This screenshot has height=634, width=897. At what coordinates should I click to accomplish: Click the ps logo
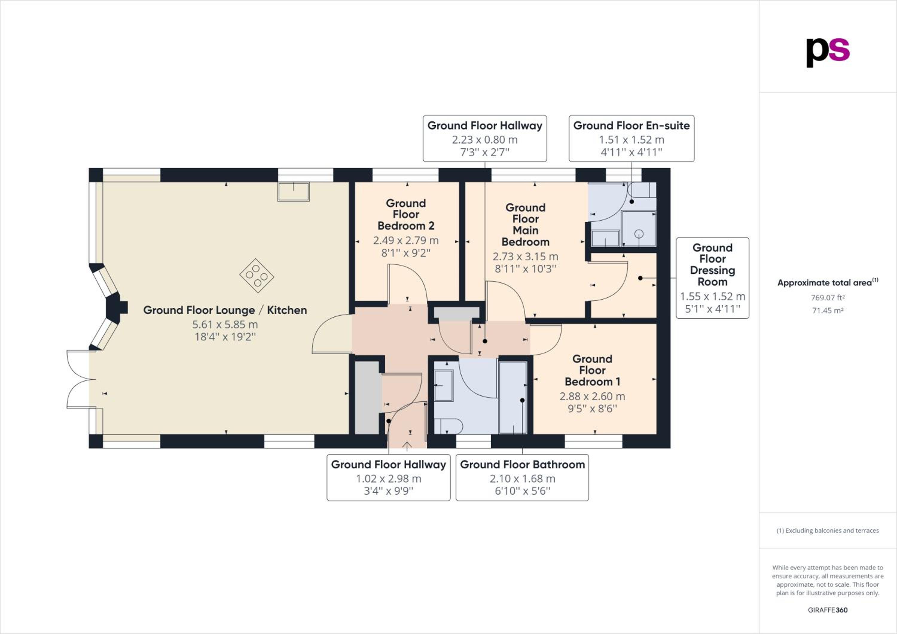coord(828,53)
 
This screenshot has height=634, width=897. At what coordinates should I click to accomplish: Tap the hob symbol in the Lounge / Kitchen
coord(257,276)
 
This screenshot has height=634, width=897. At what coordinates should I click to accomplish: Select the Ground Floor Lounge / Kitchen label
coord(225,310)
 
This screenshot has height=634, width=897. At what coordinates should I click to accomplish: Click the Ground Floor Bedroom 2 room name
coord(406,214)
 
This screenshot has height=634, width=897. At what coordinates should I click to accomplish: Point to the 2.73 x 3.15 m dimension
coord(525,257)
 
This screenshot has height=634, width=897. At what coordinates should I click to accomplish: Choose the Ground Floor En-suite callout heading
coord(631,126)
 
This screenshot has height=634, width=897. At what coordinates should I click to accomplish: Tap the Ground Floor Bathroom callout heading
coord(522,464)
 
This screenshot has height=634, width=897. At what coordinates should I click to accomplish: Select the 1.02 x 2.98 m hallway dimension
coord(389,478)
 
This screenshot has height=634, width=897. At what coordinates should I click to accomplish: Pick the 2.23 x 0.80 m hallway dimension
coord(485,139)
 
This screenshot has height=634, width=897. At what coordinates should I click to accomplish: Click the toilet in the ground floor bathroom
coord(448,426)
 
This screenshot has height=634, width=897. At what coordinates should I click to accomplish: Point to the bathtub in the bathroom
coord(513,397)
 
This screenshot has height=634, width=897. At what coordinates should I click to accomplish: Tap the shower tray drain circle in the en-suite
coord(639,234)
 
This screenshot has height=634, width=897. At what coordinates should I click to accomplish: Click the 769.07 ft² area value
coord(828,298)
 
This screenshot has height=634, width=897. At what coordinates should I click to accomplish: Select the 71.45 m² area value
coord(828,310)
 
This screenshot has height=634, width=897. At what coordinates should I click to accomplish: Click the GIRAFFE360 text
coord(828,610)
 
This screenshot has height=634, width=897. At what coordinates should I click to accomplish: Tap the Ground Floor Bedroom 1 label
coord(592,370)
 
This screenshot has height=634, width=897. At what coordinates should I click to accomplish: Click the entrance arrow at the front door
coord(407,446)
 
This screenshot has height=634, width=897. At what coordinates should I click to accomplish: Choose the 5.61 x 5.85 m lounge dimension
coord(225,324)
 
